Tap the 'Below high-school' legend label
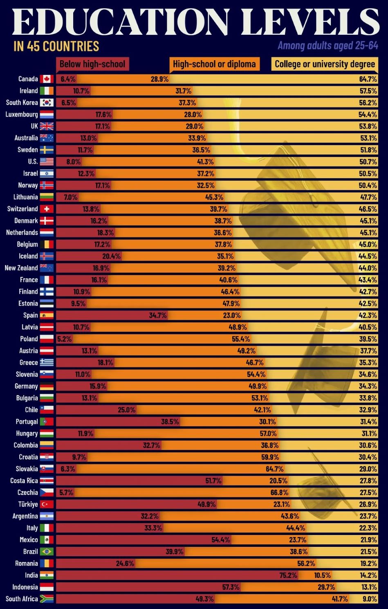pos(92,64)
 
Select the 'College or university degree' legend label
pos(325,64)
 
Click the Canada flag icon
pos(47,79)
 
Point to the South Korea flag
pos(47,103)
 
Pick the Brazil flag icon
pos(47,552)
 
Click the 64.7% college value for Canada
pos(368,79)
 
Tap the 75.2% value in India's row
pos(288,575)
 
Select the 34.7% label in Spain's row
pos(158,315)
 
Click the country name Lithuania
pos(25,197)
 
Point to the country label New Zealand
pos(21,268)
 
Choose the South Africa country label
pos(22,599)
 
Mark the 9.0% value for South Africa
pos(370,599)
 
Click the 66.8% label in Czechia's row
pos(279,492)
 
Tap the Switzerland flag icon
pos(47,209)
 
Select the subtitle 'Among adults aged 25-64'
pos(328,45)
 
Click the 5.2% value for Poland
pos(64,339)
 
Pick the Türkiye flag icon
pos(47,504)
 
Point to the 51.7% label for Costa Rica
pos(213,481)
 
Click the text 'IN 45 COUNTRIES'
pos(56,46)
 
